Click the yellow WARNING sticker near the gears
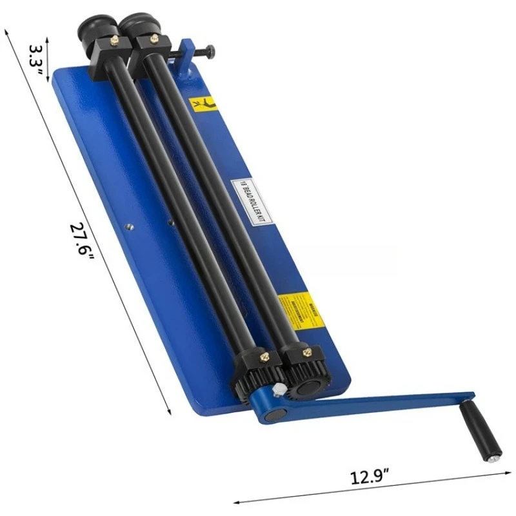(x=297, y=313)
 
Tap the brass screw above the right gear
(x=307, y=352)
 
